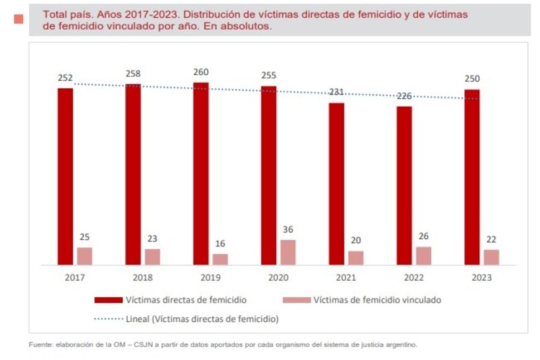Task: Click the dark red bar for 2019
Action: point(200,174)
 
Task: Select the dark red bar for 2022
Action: point(404,186)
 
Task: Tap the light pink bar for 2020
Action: point(288,252)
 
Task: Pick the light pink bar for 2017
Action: point(84,256)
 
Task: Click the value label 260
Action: point(200,72)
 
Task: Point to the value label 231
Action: point(336,92)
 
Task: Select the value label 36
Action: point(288,230)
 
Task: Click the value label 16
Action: point(220,243)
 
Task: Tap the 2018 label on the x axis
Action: point(142,277)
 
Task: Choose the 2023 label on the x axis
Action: point(481,277)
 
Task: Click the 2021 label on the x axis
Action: point(346,277)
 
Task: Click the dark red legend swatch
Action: point(108,300)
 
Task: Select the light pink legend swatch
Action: point(296,300)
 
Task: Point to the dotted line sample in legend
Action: point(108,319)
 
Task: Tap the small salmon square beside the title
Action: point(19,19)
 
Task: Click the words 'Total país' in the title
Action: point(67,14)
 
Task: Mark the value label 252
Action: point(65,78)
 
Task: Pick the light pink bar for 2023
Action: point(492,257)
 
